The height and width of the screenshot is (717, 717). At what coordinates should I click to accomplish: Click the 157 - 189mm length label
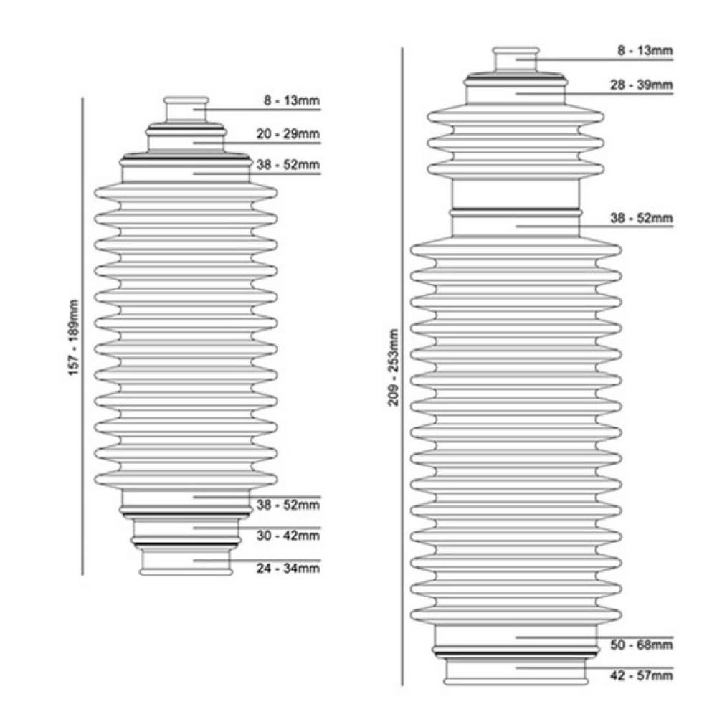pos(74,338)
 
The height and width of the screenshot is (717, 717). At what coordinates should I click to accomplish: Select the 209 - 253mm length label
pos(393,367)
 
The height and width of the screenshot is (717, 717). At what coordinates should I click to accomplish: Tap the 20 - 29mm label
pos(288,134)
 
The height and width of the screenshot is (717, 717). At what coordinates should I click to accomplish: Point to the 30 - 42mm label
pos(288,536)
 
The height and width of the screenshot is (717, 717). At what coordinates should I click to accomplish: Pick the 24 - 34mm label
pos(288,569)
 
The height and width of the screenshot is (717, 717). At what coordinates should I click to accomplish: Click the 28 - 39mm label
pos(642,85)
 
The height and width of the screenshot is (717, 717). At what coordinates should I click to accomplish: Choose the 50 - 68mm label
pos(642,645)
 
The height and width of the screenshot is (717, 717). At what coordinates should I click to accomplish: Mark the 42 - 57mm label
pos(642,675)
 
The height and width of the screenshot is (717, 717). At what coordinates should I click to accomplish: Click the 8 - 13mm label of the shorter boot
pos(292,100)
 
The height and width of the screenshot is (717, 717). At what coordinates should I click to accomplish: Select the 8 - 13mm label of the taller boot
pos(645,50)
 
